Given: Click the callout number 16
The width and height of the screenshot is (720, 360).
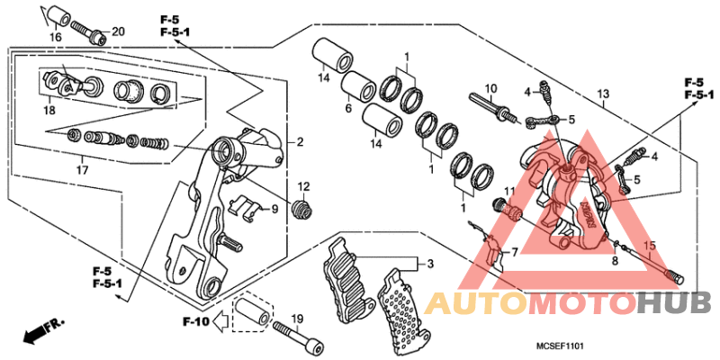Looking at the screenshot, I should (x=55, y=37).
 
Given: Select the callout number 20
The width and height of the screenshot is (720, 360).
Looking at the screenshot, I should (x=118, y=33).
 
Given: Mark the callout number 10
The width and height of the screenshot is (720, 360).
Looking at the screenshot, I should (x=491, y=89).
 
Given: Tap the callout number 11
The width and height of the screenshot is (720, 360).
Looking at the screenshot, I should (x=508, y=191).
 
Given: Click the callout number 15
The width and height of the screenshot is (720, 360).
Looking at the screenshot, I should (x=650, y=246).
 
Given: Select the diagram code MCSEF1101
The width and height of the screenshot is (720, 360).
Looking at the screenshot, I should (x=562, y=345).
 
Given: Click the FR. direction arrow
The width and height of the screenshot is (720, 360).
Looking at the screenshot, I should (x=41, y=329).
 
